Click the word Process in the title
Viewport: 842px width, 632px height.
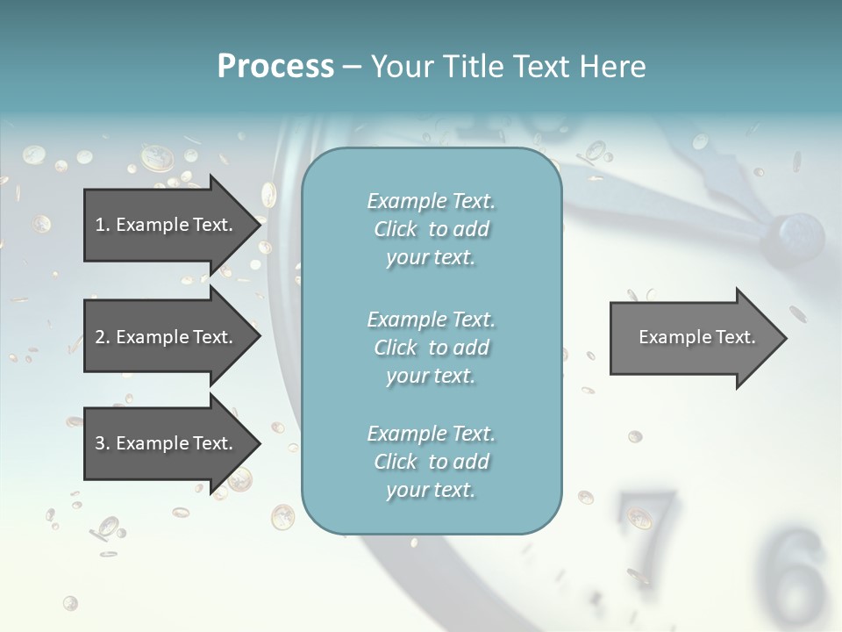coord(275,67)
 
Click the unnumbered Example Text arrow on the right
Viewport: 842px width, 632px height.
coord(696,337)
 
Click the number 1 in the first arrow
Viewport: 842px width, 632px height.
coord(100,225)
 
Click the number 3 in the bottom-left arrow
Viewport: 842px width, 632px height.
coord(100,443)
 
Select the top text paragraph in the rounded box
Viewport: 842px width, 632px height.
coord(431,229)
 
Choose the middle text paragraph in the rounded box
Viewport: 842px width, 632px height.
coord(431,348)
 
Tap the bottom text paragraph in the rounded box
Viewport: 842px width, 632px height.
coord(431,462)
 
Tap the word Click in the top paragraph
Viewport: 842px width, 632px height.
coord(396,229)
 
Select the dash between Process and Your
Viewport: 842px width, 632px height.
coord(352,67)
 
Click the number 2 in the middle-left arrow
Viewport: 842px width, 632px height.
coord(100,337)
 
